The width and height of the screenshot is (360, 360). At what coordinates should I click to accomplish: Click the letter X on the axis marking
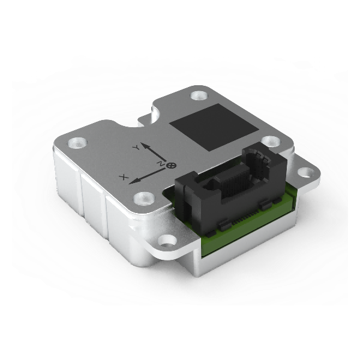[x=124, y=177]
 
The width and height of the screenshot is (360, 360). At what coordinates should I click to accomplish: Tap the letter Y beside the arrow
[x=136, y=146]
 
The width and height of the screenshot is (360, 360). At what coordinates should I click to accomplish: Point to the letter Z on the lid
[x=160, y=163]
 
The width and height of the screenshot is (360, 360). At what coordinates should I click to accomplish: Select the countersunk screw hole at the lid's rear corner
[x=198, y=95]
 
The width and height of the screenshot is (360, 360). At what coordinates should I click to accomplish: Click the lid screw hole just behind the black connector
[x=271, y=142]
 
